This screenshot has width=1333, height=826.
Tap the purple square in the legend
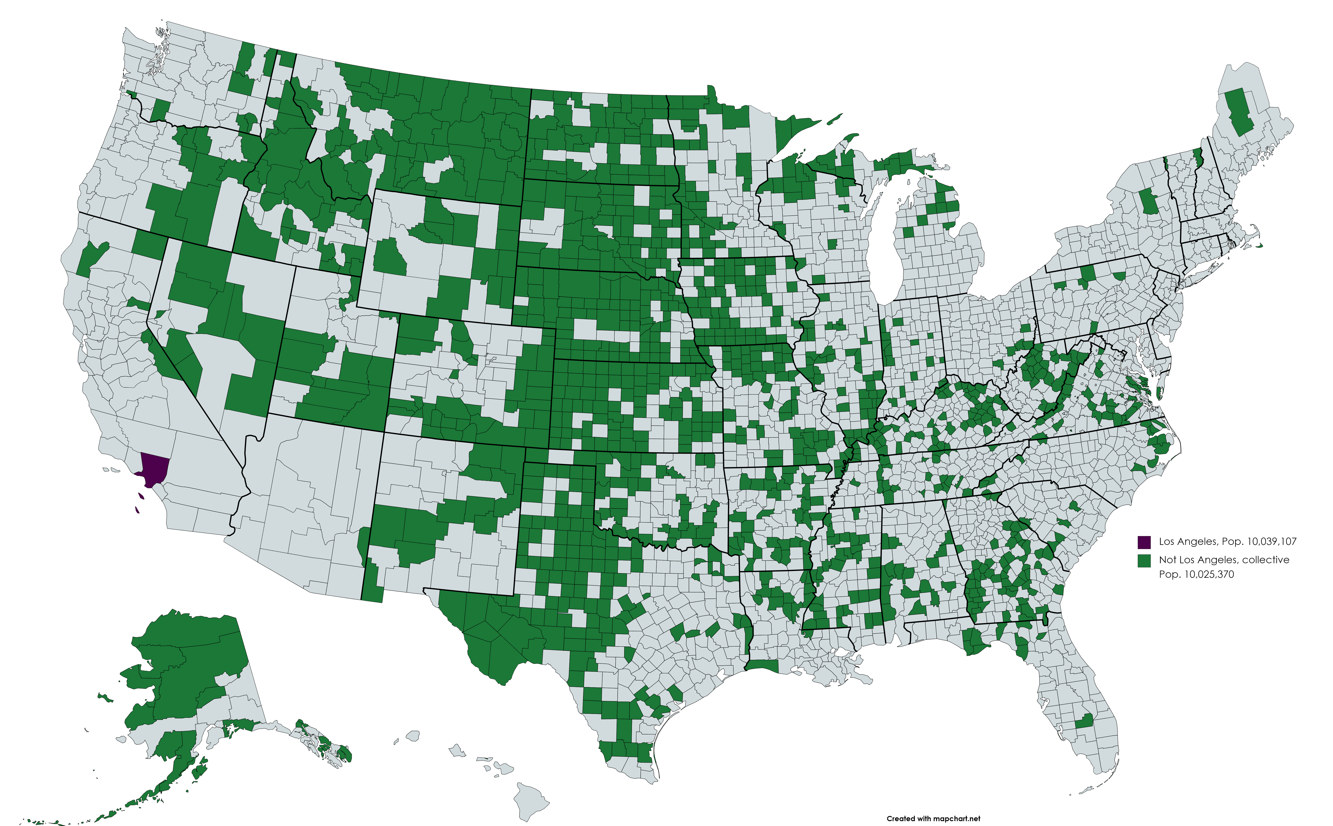pos(1144,542)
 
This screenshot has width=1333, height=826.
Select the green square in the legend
pos(1144,561)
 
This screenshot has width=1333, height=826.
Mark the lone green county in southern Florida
pos(1084,721)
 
